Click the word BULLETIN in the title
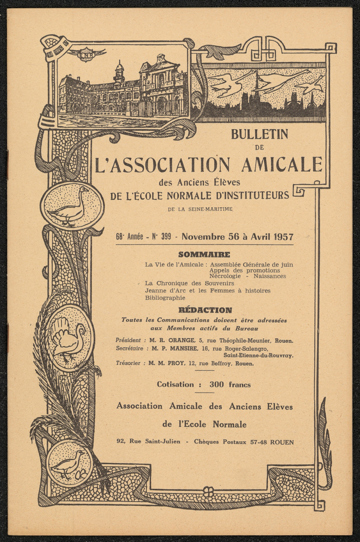coord(260,134)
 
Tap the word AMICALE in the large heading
coord(282,164)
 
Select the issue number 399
coord(166,237)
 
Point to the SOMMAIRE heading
coord(204,255)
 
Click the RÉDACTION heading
coord(205,310)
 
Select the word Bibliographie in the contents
coord(165,298)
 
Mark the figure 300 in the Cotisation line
coord(217,384)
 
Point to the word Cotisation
coord(175,384)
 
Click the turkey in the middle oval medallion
coord(69,339)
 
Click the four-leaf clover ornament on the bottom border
coord(208,492)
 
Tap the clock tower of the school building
coord(119,72)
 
